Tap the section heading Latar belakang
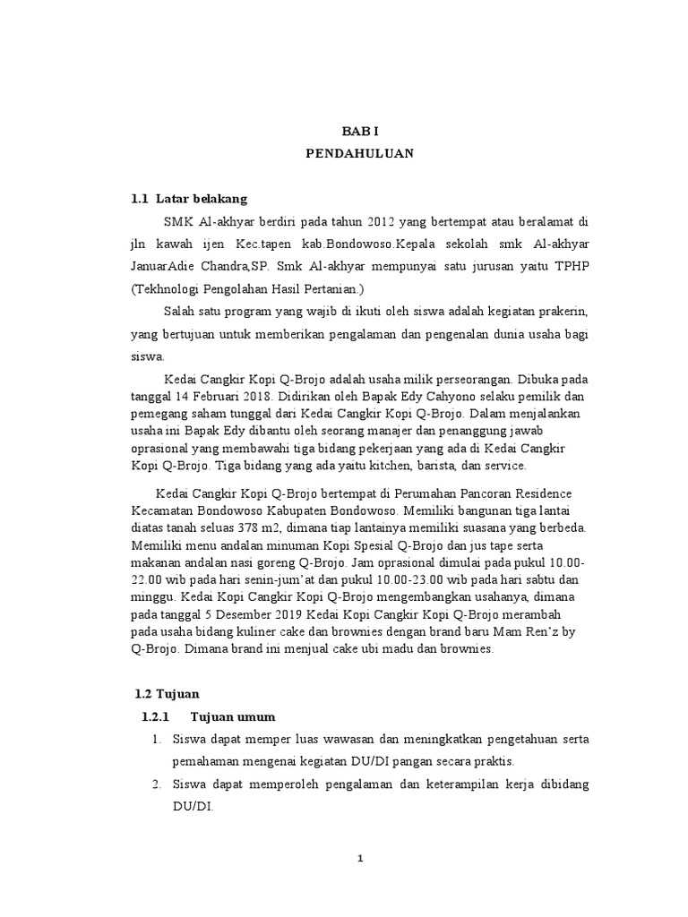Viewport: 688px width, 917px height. pyautogui.click(x=202, y=198)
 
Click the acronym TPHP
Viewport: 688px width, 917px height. pyautogui.click(x=567, y=267)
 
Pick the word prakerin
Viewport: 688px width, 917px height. pyautogui.click(x=557, y=312)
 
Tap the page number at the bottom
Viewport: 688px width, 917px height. pyautogui.click(x=359, y=859)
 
